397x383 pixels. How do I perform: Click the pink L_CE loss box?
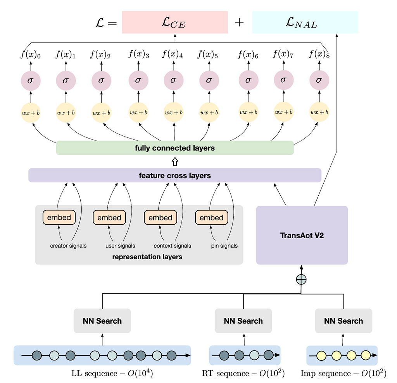tap(175, 22)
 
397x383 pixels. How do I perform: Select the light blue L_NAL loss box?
tap(305, 22)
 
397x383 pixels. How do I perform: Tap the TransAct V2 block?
tap(302, 235)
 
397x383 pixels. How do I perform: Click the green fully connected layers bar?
tap(175, 148)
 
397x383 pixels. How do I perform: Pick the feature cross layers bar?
tap(175, 175)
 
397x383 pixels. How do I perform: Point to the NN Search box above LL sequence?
tap(102, 321)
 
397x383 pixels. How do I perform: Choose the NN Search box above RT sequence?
tap(243, 321)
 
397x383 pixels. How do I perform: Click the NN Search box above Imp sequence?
tap(343, 321)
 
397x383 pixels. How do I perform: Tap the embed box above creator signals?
tap(59, 217)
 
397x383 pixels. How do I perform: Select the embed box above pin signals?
tap(211, 218)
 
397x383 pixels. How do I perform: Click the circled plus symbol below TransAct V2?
tap(301, 279)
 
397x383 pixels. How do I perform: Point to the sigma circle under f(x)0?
tap(31, 81)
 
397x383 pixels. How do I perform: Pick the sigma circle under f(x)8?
tap(319, 80)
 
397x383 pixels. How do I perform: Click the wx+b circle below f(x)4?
tap(174, 112)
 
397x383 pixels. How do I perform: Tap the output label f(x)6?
tap(248, 54)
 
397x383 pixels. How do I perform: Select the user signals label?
tap(120, 246)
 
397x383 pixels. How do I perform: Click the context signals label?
tap(173, 246)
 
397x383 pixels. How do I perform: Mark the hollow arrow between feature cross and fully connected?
tap(175, 162)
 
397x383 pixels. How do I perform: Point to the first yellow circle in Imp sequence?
tap(321, 355)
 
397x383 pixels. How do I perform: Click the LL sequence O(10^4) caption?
tap(112, 373)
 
